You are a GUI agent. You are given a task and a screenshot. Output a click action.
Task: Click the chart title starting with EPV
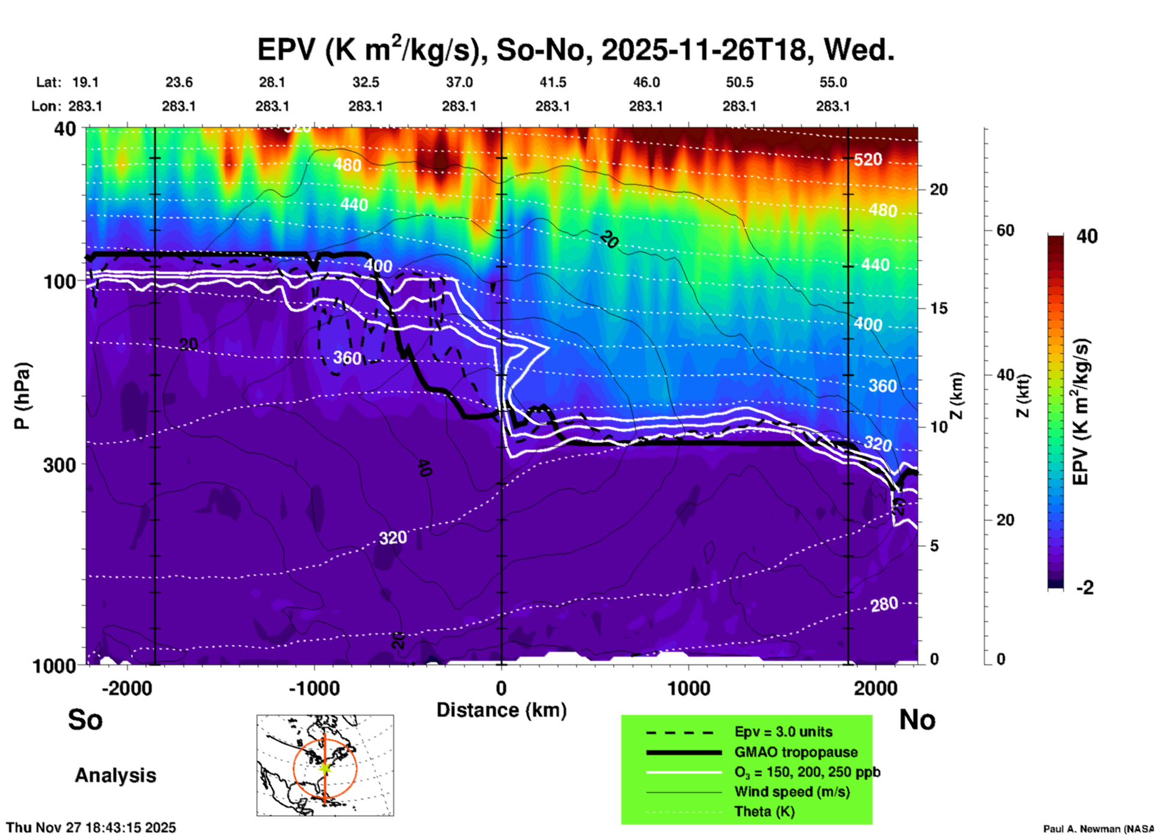576,49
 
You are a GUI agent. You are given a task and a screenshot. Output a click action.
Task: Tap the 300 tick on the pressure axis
59,465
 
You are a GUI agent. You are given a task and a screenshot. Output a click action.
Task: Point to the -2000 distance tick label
127,688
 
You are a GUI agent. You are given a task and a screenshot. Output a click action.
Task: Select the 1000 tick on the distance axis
689,688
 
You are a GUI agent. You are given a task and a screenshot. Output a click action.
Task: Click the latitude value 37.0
459,82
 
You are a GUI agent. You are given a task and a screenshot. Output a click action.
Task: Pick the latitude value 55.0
833,82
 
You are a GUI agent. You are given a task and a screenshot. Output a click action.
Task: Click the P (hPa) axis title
22,395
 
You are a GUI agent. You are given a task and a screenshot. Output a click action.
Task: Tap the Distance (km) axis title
501,710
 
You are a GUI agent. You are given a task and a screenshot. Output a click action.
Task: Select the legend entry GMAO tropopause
796,752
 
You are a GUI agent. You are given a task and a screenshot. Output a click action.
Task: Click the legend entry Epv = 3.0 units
783,732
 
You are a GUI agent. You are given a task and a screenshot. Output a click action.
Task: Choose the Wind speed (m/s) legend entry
792,792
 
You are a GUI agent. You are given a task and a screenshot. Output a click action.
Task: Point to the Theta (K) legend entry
764,811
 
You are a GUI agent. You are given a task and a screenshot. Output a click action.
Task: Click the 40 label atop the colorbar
1087,236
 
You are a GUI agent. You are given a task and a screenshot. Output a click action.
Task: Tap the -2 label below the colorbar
1085,588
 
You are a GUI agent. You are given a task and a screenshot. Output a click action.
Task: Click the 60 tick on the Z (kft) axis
1004,230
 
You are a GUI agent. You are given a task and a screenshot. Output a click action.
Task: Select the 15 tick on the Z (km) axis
939,308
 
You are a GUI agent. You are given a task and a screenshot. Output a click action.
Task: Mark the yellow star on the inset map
325,767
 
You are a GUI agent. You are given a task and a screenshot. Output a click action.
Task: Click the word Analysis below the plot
115,775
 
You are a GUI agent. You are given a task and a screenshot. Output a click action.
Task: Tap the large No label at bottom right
917,720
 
